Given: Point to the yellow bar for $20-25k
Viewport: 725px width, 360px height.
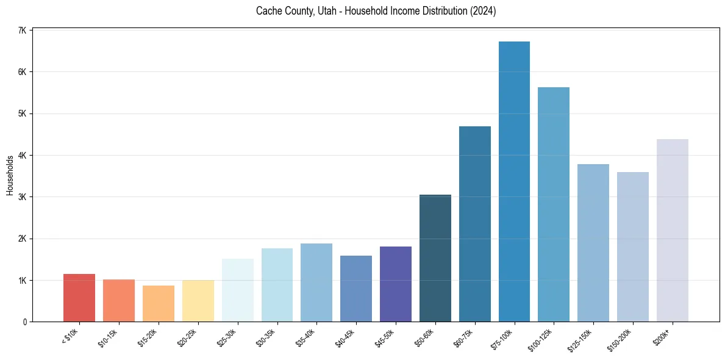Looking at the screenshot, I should [x=198, y=301].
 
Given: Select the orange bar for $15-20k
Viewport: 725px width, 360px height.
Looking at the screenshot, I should [x=159, y=303].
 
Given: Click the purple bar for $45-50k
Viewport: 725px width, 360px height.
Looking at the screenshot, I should [x=396, y=284].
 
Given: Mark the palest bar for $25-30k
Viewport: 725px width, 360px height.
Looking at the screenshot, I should [x=237, y=290].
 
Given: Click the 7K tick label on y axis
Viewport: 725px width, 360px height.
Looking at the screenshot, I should [x=22, y=31].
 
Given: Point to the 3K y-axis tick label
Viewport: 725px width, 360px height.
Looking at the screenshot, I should [x=22, y=197].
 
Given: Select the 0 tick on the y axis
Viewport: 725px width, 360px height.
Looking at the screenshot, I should [x=24, y=322].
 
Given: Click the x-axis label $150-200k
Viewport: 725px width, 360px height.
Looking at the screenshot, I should [x=620, y=339].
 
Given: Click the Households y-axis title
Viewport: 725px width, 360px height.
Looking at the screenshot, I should [x=10, y=175].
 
